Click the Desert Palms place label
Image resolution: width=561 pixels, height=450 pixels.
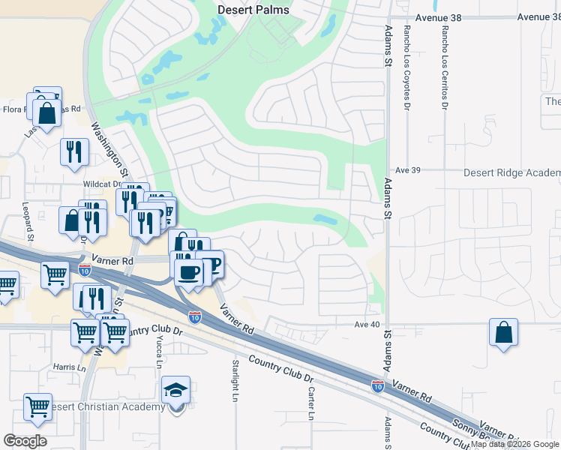pyautogui.click(x=253, y=10)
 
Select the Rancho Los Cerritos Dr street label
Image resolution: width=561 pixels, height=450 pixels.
pyautogui.click(x=445, y=64)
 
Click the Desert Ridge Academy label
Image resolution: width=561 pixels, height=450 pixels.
pyautogui.click(x=511, y=172)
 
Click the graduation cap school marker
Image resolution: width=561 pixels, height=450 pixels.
pyautogui.click(x=176, y=391)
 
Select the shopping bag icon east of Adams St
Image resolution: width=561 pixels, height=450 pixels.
pyautogui.click(x=503, y=332)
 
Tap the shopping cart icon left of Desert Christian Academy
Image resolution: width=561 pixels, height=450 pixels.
pyautogui.click(x=37, y=406)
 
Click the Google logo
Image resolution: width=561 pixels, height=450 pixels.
pyautogui.click(x=25, y=441)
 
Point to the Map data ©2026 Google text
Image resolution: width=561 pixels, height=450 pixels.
pyautogui.click(x=514, y=444)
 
